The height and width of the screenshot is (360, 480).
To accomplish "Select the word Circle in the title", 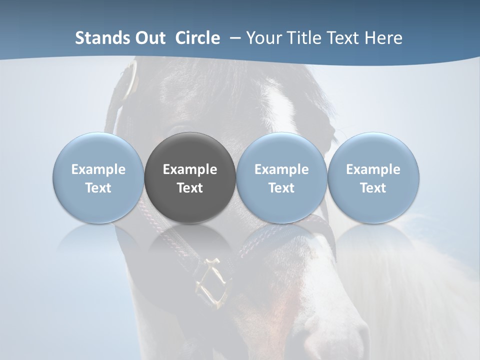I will click(197, 38).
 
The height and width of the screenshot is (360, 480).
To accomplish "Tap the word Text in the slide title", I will click(346, 38).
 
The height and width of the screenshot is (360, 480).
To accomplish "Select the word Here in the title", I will click(384, 38).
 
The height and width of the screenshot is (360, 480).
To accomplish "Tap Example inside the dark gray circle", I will click(190, 169).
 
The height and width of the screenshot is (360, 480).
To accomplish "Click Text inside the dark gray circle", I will click(190, 188).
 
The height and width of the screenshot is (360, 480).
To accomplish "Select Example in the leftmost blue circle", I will click(98, 169).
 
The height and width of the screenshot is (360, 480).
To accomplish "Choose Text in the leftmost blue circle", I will click(98, 188).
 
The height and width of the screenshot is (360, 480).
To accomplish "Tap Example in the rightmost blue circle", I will click(373, 169).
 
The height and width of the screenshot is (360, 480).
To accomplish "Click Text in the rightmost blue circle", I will click(373, 188).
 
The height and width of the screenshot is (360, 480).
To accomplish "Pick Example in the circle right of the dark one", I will click(281, 169).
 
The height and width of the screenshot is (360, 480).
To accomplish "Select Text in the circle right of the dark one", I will click(281, 188).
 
